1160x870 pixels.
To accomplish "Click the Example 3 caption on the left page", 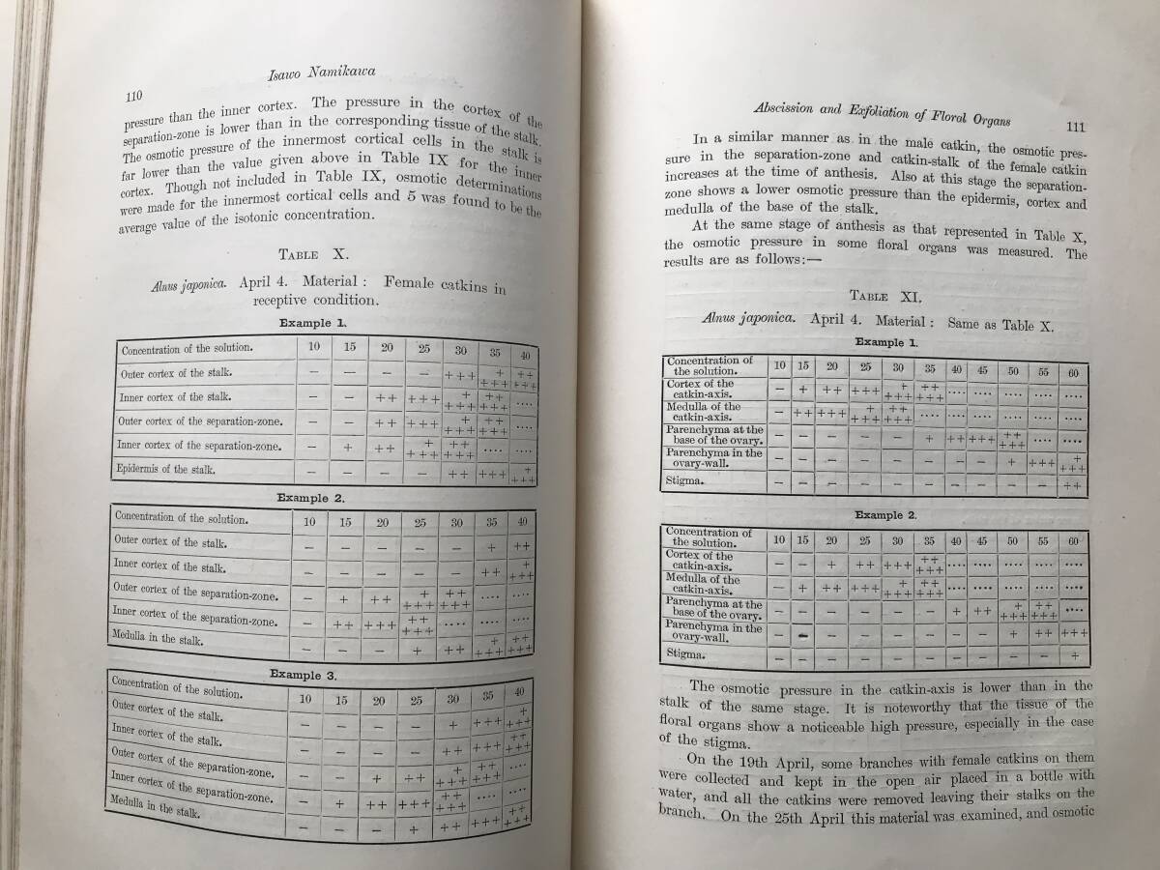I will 304,674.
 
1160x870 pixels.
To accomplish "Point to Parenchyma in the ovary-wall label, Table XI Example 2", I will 713,632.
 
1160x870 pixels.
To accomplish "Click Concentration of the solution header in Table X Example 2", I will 182,519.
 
